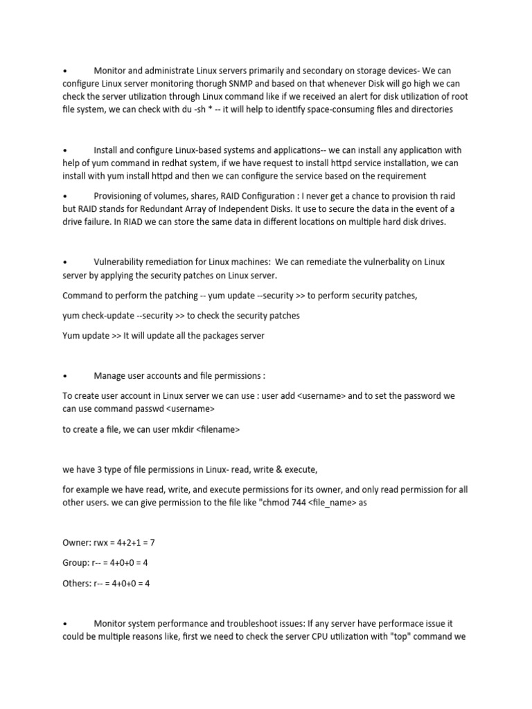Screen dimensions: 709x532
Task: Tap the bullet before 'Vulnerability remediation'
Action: click(x=64, y=262)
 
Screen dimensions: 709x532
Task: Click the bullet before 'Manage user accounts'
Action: click(x=64, y=376)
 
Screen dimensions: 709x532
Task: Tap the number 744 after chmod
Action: click(x=294, y=503)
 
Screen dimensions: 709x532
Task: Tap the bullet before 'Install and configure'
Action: click(x=64, y=150)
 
